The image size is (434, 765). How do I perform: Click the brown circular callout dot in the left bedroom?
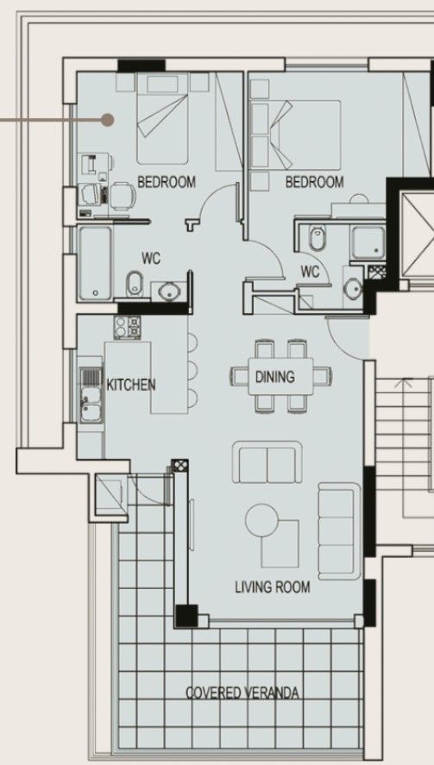coord(107,120)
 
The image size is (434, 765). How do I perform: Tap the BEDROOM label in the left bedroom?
coord(167,182)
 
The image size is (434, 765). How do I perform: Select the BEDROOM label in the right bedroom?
coord(314,182)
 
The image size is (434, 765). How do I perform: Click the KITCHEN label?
coord(130,384)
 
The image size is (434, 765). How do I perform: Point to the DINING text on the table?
coord(274,377)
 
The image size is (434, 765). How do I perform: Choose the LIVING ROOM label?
coord(273,587)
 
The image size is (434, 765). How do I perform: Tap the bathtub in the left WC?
coord(93,263)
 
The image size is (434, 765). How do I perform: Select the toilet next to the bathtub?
coord(135,282)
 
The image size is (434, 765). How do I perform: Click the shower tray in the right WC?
coord(366,243)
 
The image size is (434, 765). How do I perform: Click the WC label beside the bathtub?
coord(153,258)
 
